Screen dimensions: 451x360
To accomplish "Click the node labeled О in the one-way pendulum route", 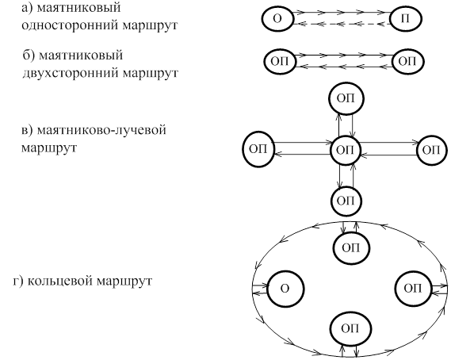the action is (x=278, y=19).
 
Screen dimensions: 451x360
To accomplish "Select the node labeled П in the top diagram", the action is (x=406, y=19).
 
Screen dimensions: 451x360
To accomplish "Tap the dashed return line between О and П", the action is (x=342, y=24).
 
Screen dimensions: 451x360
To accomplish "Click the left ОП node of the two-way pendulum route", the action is (x=280, y=61).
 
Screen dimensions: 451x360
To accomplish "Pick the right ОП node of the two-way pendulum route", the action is (x=408, y=61).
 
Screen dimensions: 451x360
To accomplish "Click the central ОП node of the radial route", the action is (x=345, y=150).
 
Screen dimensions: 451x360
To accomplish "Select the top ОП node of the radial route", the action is (x=346, y=98).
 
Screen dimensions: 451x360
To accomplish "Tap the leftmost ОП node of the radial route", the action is (x=258, y=149).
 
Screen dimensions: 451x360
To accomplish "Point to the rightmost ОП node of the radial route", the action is (x=432, y=150).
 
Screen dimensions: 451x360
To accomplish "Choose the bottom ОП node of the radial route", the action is (x=346, y=201).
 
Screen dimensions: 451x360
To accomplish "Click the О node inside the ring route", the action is (x=285, y=289).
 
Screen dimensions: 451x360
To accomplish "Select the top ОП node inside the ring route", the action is (x=351, y=247).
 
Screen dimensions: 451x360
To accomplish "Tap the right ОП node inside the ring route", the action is (x=413, y=289).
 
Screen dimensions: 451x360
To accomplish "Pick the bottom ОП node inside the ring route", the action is (x=350, y=328).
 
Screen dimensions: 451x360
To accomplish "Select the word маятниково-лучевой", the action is (x=101, y=130).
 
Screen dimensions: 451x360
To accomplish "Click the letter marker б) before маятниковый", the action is (x=29, y=55).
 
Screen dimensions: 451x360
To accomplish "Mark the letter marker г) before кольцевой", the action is (x=19, y=281).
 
